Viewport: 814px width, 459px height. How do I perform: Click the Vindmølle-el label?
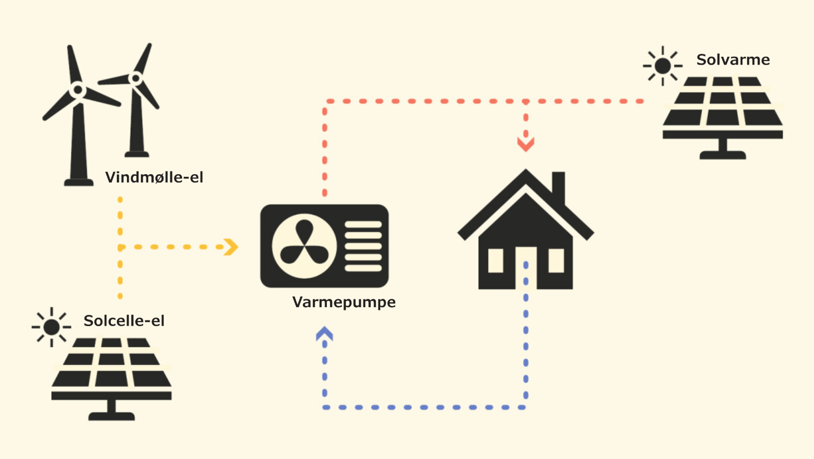pyautogui.click(x=154, y=177)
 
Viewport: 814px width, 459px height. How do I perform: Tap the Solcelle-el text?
pyautogui.click(x=124, y=321)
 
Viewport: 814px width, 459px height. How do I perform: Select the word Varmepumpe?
pyautogui.click(x=344, y=302)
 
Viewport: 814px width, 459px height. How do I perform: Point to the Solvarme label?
pyautogui.click(x=733, y=60)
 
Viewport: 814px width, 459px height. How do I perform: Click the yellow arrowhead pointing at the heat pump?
pyautogui.click(x=231, y=247)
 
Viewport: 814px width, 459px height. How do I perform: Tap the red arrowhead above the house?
pyautogui.click(x=526, y=144)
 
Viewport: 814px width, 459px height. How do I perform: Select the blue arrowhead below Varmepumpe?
pyautogui.click(x=325, y=334)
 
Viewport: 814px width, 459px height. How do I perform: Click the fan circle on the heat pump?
pyautogui.click(x=304, y=246)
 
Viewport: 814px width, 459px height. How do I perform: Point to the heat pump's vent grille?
pyautogui.click(x=363, y=246)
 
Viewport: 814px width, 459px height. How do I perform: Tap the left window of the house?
pyautogui.click(x=496, y=260)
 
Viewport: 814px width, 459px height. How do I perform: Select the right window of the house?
pyautogui.click(x=556, y=260)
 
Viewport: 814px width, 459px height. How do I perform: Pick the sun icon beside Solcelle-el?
pyautogui.click(x=51, y=327)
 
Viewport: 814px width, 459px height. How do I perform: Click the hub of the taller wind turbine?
pyautogui.click(x=78, y=90)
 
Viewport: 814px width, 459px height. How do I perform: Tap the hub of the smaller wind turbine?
pyautogui.click(x=135, y=78)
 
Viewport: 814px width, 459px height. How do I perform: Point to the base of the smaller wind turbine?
pyautogui.click(x=136, y=154)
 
